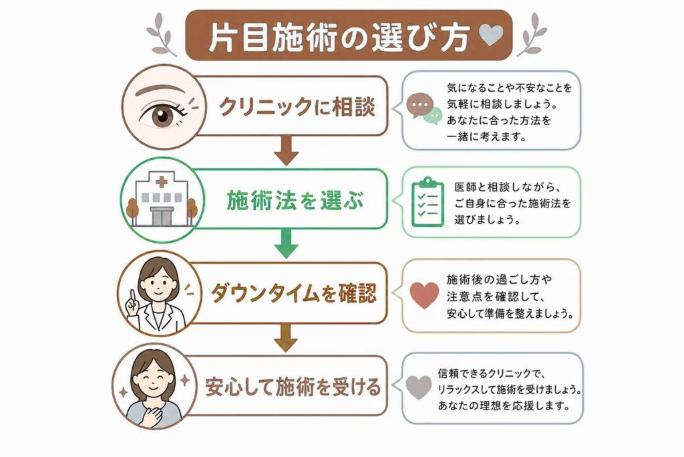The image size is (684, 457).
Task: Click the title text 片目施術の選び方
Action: point(339,37)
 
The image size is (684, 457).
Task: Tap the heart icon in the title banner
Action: point(491,35)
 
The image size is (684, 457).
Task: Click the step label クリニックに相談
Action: point(297,106)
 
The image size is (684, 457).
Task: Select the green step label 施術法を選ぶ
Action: point(295,201)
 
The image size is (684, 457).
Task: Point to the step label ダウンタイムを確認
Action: point(294,293)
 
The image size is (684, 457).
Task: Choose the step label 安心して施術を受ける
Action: point(293,387)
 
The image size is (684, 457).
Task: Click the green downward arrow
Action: point(286,243)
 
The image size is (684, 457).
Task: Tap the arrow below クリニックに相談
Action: point(286,151)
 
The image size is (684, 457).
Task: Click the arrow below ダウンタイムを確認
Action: point(286,337)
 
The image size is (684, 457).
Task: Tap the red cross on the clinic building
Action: point(162,181)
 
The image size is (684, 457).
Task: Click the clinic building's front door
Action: point(162,217)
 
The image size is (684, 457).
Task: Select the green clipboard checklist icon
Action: point(427,202)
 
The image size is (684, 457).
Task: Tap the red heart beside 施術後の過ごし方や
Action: point(424,295)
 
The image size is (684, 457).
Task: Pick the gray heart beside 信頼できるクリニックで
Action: point(418,387)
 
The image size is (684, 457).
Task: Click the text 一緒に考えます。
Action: point(487,136)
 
